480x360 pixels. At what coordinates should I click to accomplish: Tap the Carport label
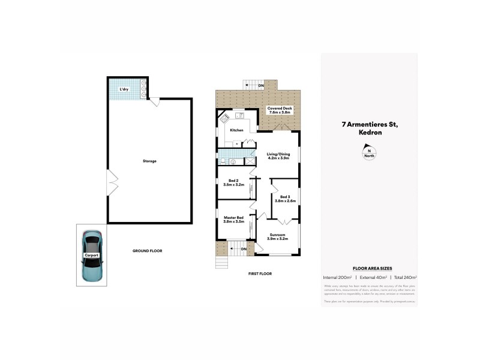point(91,256)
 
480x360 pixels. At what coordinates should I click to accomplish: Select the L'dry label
point(124,89)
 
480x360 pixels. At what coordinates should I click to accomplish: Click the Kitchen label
point(236,130)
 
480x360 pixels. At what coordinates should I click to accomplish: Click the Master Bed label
point(233,219)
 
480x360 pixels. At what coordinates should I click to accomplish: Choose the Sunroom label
point(278,236)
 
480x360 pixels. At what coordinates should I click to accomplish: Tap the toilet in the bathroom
point(234,162)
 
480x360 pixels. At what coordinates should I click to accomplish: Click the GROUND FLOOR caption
point(148,251)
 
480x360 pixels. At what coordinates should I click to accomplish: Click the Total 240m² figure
point(405,277)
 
